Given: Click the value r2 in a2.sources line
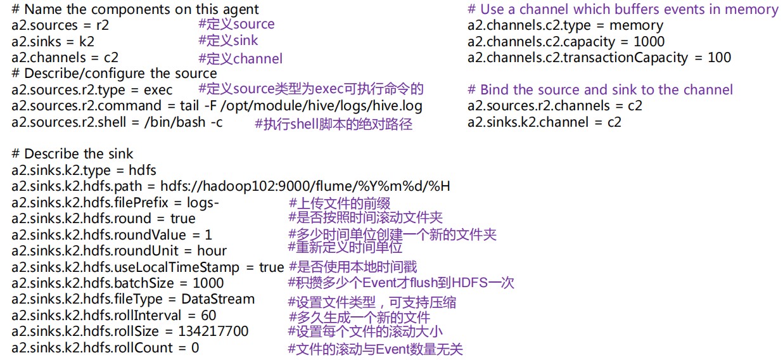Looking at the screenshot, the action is pos(103,25).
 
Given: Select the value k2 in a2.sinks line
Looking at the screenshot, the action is pos(87,42).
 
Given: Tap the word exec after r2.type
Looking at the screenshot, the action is pos(158,90).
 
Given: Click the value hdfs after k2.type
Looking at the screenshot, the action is pos(143,170).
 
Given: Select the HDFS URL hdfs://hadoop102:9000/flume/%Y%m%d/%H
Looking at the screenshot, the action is pos(305,186).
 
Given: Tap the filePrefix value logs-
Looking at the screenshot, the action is pos(203,203).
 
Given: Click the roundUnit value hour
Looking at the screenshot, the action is pos(212,251).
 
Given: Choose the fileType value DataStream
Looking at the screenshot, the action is pos(218,299).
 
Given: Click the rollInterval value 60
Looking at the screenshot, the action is pos(208,316).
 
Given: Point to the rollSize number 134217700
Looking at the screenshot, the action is pos(213,331).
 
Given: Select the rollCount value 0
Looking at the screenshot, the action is pos(195,348).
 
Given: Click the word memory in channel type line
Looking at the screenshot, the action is pos(636,25).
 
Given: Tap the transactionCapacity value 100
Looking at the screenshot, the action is pos(720,58).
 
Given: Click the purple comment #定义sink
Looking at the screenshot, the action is pos(228,41).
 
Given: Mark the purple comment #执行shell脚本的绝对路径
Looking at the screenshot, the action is pos(333,124).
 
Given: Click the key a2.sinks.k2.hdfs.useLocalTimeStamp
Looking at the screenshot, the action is pos(125,267).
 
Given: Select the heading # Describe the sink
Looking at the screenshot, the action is pos(72,154).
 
